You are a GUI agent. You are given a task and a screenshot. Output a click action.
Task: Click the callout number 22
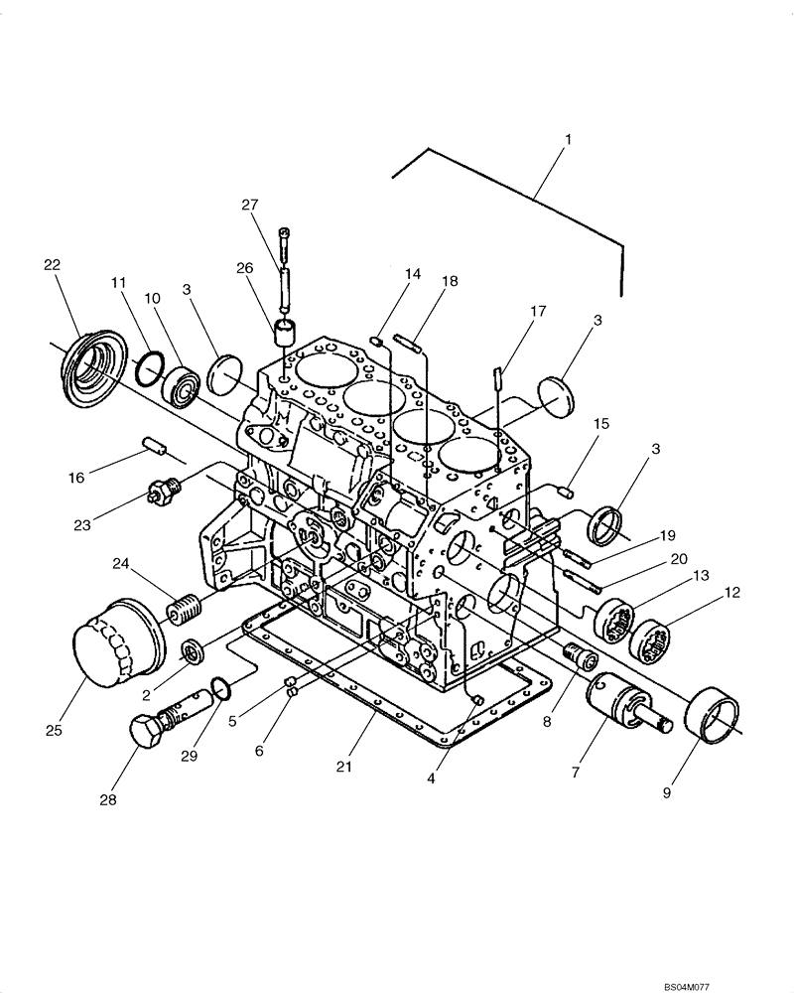(x=52, y=264)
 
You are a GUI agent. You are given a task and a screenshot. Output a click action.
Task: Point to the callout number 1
(x=567, y=140)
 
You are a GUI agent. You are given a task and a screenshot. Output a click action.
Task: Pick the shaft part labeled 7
(x=622, y=702)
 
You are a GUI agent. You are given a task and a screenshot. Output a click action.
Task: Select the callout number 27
(x=249, y=205)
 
